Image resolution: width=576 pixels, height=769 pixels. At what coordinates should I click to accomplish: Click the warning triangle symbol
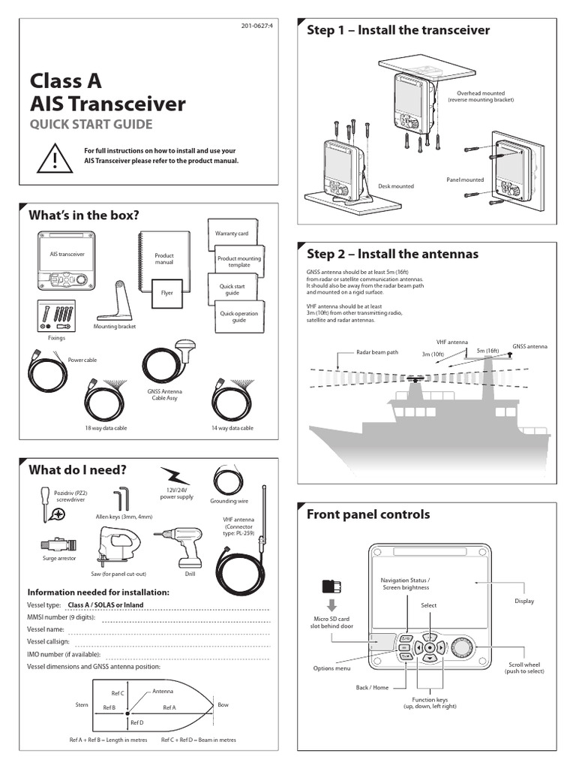pos(54,157)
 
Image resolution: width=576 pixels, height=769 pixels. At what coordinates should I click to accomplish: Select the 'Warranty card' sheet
pos(231,234)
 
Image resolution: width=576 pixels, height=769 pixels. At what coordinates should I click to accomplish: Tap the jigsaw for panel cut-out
pos(117,545)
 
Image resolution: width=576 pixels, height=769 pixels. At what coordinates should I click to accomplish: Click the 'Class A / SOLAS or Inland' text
pos(105,605)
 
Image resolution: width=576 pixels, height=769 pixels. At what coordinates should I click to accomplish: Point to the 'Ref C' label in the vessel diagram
pos(117,693)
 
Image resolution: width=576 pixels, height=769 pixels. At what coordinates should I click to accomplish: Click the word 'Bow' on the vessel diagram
pos(223,705)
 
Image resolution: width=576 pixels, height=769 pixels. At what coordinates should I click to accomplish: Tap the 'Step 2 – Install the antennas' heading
pos(392,254)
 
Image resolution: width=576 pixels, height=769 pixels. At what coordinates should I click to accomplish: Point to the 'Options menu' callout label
pos(331,668)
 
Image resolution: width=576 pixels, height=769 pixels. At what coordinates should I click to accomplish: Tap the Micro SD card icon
pos(329,587)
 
